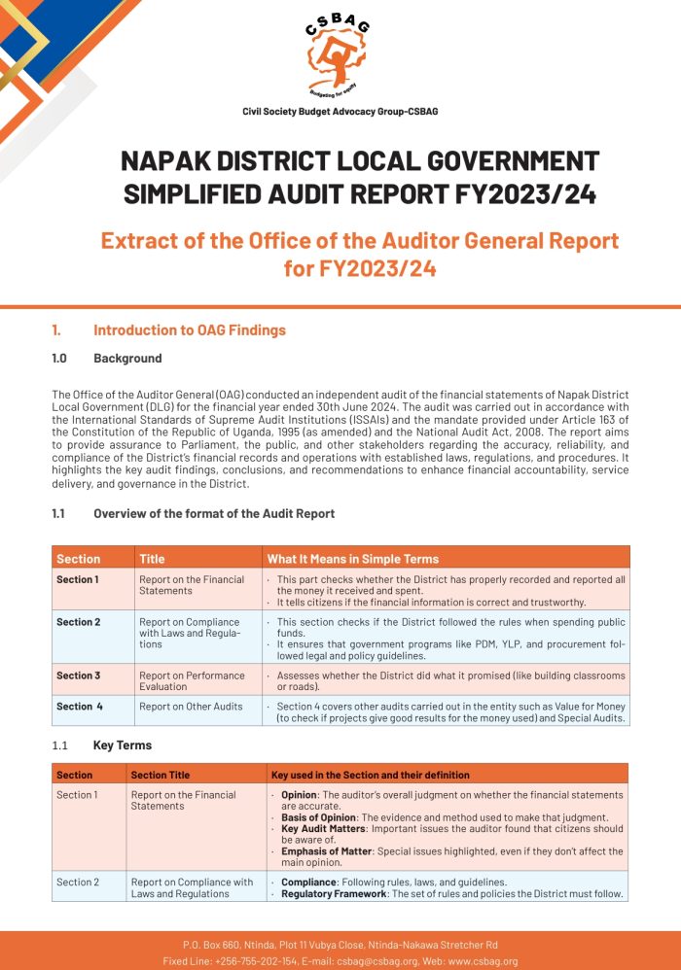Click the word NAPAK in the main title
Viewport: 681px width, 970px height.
pos(166,160)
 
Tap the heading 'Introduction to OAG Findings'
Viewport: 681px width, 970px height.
pos(189,330)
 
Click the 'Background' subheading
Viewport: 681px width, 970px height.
pos(127,359)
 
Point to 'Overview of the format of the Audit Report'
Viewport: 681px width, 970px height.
pos(214,514)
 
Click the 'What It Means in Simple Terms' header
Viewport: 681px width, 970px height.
pos(352,559)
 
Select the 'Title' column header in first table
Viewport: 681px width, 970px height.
pos(152,559)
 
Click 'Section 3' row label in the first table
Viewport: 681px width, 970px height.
pos(78,676)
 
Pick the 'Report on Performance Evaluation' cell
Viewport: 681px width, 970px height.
pos(190,680)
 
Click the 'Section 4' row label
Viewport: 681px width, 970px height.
pos(79,707)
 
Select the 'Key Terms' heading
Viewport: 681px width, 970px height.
pos(123,745)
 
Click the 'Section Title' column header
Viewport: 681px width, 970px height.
pos(161,775)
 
